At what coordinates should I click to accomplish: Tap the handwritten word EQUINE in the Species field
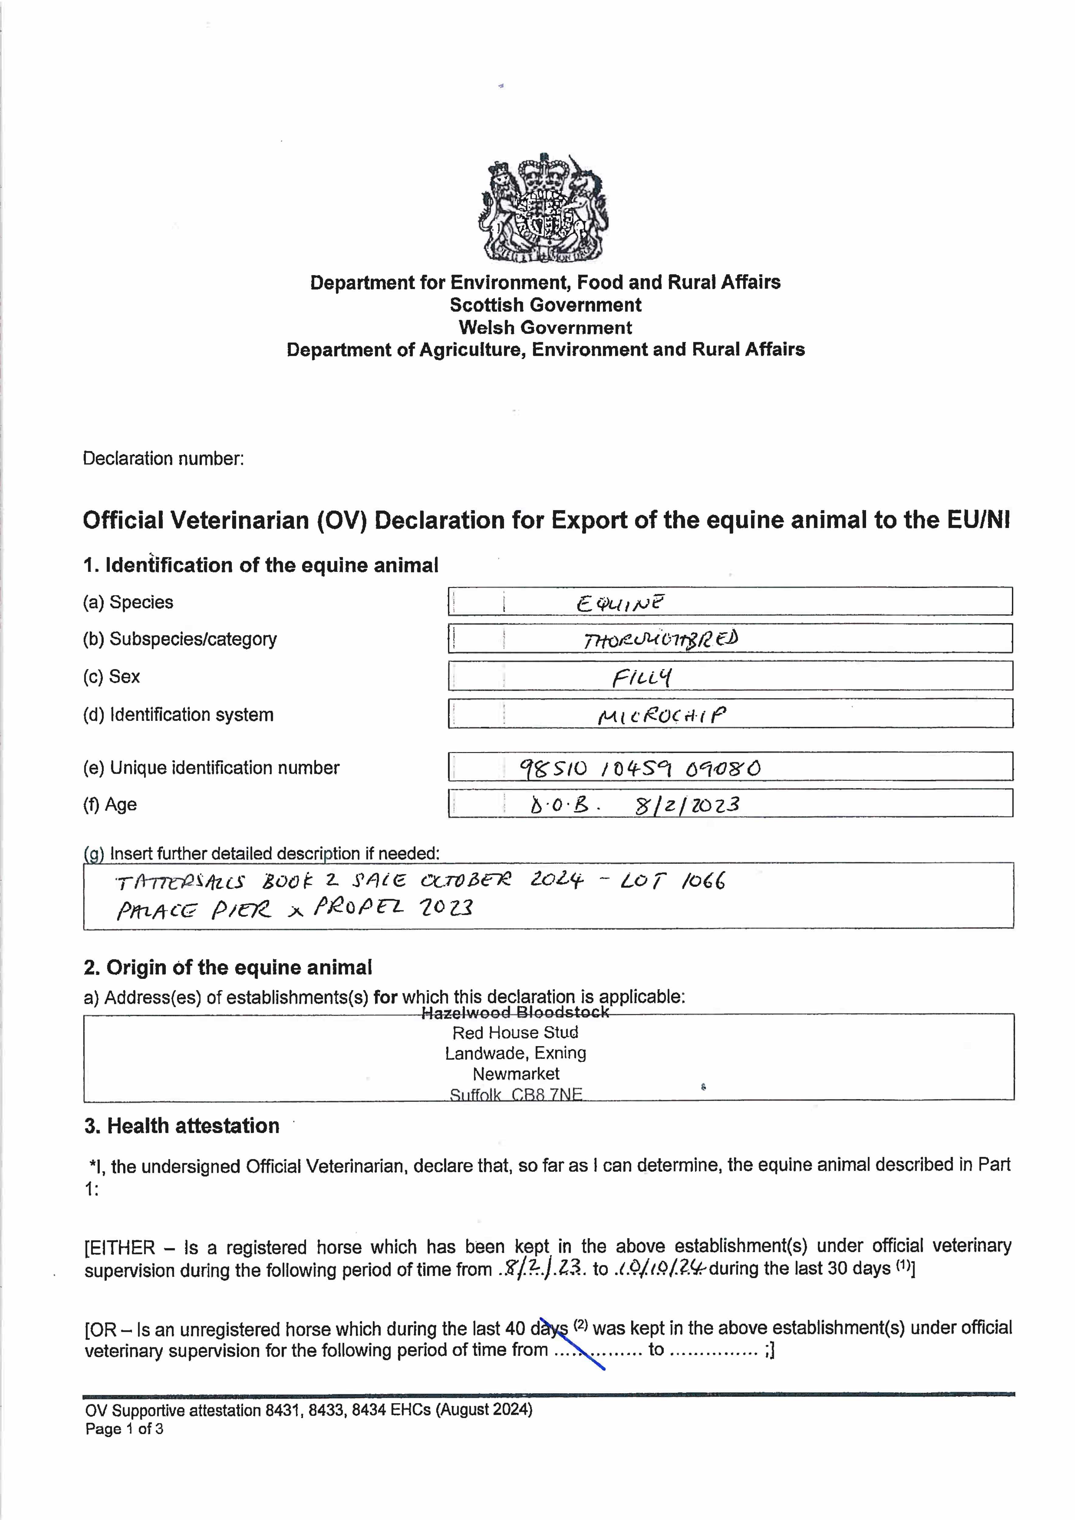619,603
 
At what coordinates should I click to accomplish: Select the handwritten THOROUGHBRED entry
660,640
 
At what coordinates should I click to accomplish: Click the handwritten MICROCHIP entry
661,715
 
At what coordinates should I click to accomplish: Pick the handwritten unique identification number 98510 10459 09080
640,768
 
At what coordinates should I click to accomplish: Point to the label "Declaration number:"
163,458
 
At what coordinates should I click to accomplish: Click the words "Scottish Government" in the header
545,305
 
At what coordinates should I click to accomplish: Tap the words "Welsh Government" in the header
545,328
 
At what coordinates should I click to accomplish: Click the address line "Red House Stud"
515,1033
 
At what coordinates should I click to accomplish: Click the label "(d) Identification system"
178,715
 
